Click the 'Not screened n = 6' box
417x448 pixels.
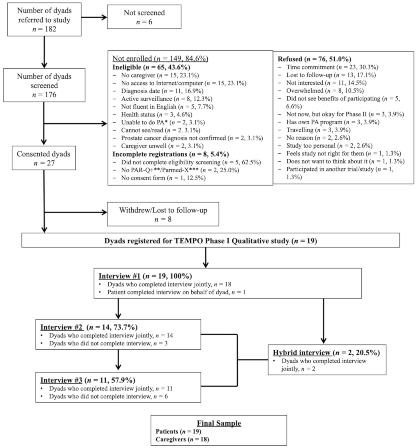tap(144, 17)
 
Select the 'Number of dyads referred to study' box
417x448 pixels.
tap(44, 20)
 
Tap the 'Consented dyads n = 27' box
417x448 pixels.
tap(44, 158)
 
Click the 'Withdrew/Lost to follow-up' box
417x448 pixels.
tap(163, 214)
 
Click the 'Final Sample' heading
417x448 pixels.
tap(219, 423)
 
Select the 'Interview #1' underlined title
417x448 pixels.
tap(119, 276)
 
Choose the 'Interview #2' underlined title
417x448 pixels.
tap(62, 327)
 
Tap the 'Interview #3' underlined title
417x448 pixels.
tap(61, 380)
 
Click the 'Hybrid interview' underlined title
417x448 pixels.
tap(302, 353)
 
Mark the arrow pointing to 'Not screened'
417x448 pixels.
tap(94, 17)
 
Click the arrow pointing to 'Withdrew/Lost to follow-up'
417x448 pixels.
tap(76, 212)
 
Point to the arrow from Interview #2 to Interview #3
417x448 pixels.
tap(118, 360)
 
